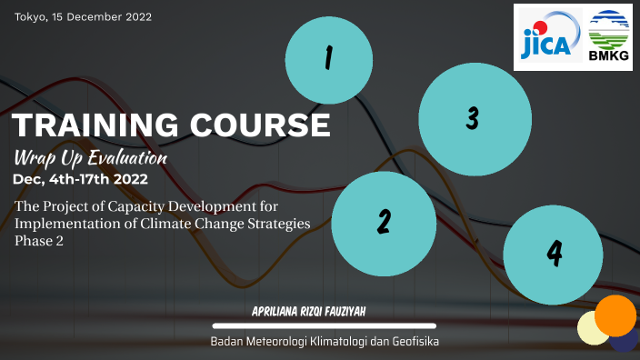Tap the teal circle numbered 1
click(x=329, y=60)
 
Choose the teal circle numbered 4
click(x=554, y=254)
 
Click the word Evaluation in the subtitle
click(x=125, y=157)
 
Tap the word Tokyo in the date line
click(x=30, y=17)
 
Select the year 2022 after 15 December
click(x=138, y=17)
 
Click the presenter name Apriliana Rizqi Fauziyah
click(x=324, y=311)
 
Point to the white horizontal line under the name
click(x=324, y=325)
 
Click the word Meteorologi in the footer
click(x=283, y=342)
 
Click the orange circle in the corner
click(x=615, y=315)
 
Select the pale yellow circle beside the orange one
click(x=592, y=328)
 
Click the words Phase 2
click(x=40, y=242)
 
